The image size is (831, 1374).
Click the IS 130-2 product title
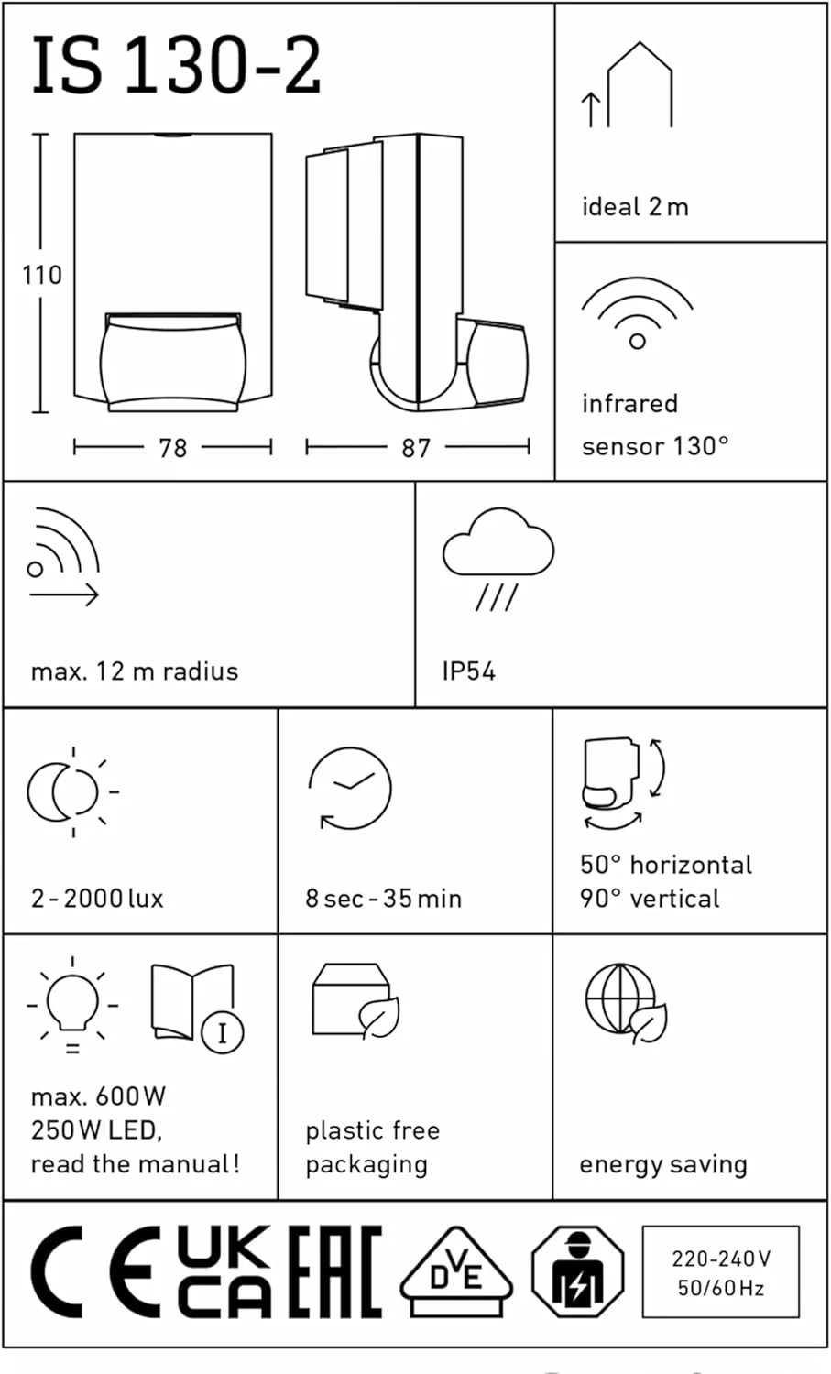click(176, 64)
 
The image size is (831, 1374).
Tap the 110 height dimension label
click(42, 275)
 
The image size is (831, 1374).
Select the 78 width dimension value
click(172, 449)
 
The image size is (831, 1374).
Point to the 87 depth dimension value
click(416, 449)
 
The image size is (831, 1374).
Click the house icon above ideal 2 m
click(640, 84)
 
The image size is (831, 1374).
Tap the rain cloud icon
click(498, 559)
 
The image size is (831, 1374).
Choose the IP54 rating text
click(469, 671)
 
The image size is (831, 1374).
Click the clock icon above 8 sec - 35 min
click(350, 789)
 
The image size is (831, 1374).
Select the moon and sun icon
click(73, 792)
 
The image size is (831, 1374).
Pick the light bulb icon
click(72, 1004)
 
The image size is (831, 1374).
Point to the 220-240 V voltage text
click(721, 1259)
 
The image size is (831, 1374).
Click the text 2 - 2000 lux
click(98, 899)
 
